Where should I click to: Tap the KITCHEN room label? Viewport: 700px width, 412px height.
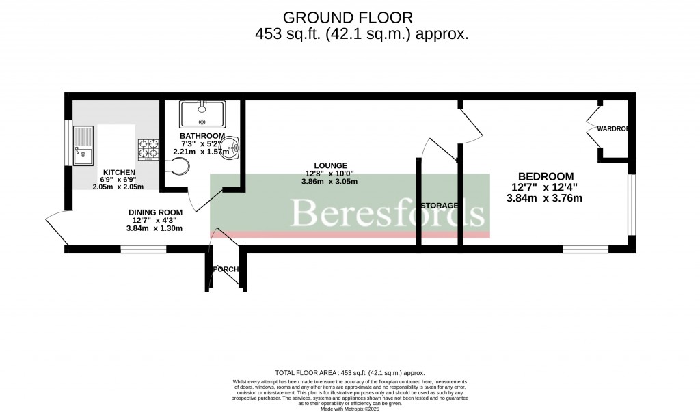pos(119,172)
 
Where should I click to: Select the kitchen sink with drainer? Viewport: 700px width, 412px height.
pos(84,146)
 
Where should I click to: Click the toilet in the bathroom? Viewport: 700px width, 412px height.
pos(177,167)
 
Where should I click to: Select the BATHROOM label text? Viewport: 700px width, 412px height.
pos(202,136)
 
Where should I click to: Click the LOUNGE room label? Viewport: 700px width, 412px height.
pos(330,165)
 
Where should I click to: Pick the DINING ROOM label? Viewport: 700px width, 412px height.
pos(155,212)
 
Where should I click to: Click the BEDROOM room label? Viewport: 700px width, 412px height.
pos(546,176)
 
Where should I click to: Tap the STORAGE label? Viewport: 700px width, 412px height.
pos(439,205)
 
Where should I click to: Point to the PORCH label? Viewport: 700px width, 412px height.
pos(226,269)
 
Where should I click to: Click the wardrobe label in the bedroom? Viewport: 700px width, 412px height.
pos(612,128)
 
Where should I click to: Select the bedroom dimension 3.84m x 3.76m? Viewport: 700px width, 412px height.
pos(544,198)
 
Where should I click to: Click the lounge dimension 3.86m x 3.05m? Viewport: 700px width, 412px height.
pos(330,182)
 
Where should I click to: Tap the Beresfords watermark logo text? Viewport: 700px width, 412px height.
pos(387,212)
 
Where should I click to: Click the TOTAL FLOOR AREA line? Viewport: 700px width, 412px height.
pos(349,373)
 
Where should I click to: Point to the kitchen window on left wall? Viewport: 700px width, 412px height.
pos(68,143)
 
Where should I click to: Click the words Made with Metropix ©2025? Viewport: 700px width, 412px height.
pos(349,409)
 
